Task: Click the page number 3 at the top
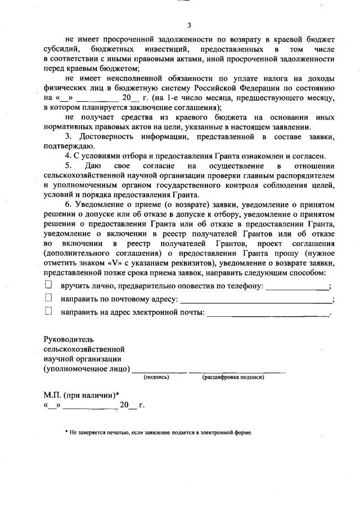[x=189, y=25]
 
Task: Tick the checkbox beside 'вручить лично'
[x=48, y=285]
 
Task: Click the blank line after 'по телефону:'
[x=298, y=288]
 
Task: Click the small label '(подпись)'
[x=156, y=378]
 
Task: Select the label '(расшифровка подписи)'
[x=233, y=378]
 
